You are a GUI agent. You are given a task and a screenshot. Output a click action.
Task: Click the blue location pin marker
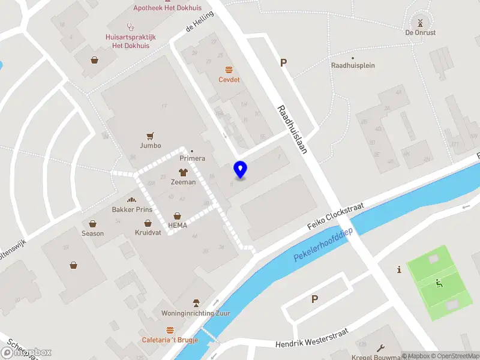pos(240,170)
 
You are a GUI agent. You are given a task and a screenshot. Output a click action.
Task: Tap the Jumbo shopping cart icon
pos(150,136)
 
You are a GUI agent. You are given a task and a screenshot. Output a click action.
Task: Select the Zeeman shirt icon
pos(183,172)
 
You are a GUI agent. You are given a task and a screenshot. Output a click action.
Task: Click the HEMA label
pos(178,225)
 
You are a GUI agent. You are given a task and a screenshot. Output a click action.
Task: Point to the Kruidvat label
pos(148,232)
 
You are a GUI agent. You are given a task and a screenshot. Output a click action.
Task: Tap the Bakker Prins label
pos(132,209)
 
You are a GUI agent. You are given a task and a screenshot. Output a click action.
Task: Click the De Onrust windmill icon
pos(420,23)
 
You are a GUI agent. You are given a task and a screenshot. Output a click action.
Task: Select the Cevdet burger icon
pos(229,70)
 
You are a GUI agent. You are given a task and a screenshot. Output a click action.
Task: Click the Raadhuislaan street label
pos(292,130)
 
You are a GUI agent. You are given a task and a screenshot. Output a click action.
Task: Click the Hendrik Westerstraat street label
pos(312,339)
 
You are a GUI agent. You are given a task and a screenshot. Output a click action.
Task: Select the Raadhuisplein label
pos(353,65)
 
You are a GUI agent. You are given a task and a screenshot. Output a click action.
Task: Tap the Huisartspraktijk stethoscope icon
pos(130,26)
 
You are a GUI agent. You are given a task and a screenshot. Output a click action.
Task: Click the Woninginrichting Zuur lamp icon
pos(195,303)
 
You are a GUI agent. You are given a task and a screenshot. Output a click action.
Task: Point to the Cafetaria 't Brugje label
pos(170,340)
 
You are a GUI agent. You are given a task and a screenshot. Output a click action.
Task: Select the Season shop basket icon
pos(92,223)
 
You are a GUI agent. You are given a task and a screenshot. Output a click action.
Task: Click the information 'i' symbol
pos(399,270)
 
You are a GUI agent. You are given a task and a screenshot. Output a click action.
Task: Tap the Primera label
pos(193,158)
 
